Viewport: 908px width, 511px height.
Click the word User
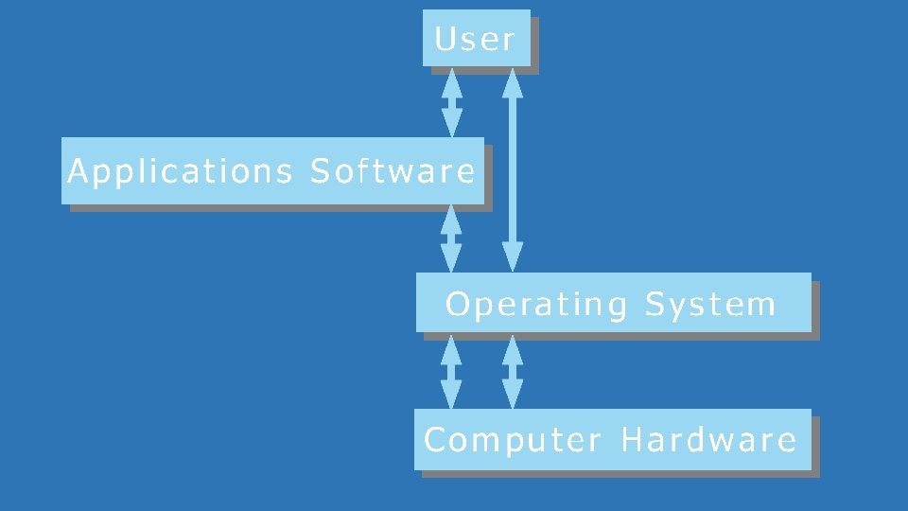coord(475,40)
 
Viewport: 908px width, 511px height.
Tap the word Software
coord(393,172)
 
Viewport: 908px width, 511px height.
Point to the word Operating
coord(536,305)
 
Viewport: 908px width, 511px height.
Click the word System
coord(710,305)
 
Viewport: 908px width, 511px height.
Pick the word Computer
coord(513,440)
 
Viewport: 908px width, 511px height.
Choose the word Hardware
coord(708,440)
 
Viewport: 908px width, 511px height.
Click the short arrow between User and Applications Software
coord(452,102)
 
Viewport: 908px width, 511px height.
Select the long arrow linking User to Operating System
coord(513,170)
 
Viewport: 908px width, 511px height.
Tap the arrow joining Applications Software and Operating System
coord(452,238)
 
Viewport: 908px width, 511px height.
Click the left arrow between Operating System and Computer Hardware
coord(452,373)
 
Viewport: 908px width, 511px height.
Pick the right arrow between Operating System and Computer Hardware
coord(513,373)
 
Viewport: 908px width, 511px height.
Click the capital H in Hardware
coord(633,440)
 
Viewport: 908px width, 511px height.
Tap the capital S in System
coord(656,305)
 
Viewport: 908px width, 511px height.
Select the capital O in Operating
coord(458,305)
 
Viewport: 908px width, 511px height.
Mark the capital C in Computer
coord(435,440)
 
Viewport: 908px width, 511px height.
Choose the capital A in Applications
coord(79,172)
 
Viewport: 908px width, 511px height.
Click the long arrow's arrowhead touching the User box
coord(513,82)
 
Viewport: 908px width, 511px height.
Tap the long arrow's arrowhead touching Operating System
coord(513,256)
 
